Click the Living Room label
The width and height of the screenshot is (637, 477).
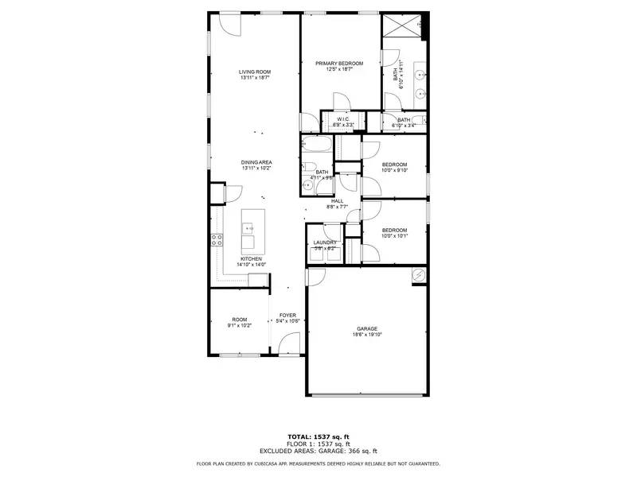click(x=255, y=72)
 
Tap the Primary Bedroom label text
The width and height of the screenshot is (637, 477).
click(x=339, y=64)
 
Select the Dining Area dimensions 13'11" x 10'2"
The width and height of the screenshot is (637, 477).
click(x=256, y=169)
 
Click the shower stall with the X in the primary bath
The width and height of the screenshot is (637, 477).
click(x=401, y=27)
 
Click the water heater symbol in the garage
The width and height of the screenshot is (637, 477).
click(x=418, y=274)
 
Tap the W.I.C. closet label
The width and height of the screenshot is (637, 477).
click(x=332, y=119)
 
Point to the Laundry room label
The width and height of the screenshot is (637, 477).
click(x=325, y=242)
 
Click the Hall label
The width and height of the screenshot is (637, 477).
click(x=337, y=201)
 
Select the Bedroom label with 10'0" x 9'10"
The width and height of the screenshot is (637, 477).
click(x=394, y=165)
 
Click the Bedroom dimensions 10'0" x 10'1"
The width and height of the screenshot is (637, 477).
click(x=394, y=235)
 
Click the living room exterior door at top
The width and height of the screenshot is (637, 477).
click(x=229, y=23)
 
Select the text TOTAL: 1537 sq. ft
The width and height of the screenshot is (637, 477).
click(x=318, y=436)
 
